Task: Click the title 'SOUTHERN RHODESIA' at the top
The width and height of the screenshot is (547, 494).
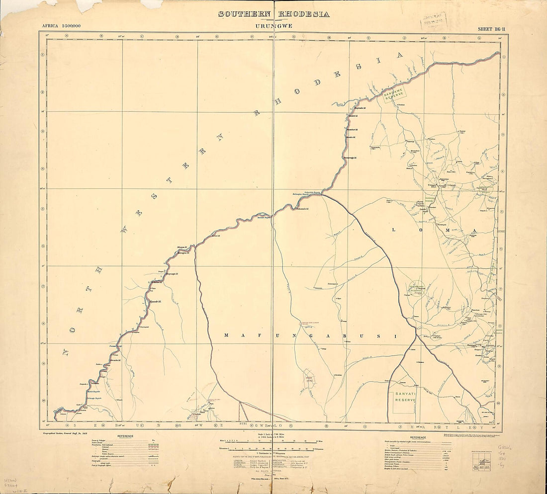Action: [x=273, y=14]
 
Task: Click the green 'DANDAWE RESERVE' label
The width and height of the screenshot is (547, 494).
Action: [x=395, y=93]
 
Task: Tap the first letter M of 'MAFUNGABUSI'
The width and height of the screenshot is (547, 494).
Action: [x=227, y=335]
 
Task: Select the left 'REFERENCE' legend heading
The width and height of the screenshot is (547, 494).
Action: [x=124, y=436]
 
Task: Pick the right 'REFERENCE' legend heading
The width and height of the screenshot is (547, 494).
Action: [x=418, y=437]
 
